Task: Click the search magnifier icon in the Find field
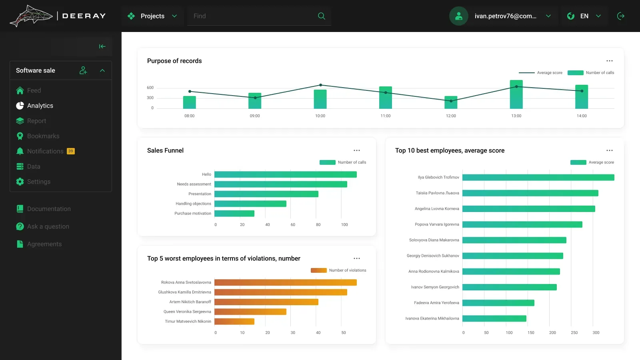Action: coord(322,16)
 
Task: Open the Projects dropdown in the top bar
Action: coord(152,16)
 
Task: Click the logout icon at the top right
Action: coord(620,16)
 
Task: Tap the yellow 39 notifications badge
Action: coord(70,151)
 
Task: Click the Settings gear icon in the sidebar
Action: coord(20,182)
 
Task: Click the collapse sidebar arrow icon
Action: coord(102,46)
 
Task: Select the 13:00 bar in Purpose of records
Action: coord(516,94)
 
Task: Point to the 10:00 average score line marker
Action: coord(320,85)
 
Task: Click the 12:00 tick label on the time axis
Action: coord(451,116)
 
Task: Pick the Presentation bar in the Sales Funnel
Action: coord(266,194)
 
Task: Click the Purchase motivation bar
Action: coord(234,214)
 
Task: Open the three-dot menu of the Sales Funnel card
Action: coord(356,150)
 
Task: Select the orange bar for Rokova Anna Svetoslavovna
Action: coord(286,282)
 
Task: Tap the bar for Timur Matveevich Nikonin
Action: coord(234,322)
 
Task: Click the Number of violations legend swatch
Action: coord(318,270)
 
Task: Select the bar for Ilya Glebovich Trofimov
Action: coord(538,178)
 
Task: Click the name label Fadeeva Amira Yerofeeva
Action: coord(436,303)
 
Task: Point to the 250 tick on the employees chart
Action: coord(574,332)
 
